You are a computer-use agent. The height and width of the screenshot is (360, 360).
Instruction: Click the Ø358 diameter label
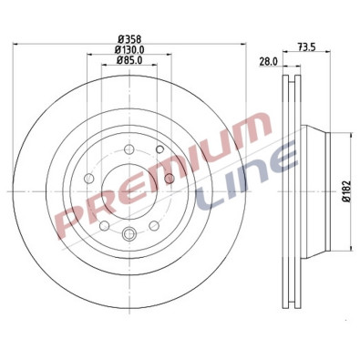pyautogui.click(x=129, y=37)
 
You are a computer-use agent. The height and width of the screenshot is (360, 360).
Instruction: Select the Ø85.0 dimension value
pyautogui.click(x=129, y=62)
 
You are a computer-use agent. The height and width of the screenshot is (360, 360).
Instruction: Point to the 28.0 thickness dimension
pyautogui.click(x=267, y=61)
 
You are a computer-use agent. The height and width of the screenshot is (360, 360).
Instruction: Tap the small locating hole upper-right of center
pyautogui.click(x=159, y=149)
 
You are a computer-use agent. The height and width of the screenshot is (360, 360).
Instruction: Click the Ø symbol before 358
pyautogui.click(x=118, y=37)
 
